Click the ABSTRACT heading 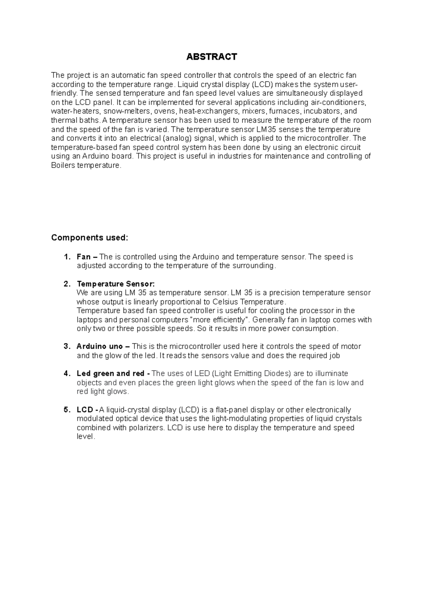coord(211,57)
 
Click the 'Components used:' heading coord(90,238)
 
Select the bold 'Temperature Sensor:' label coord(116,284)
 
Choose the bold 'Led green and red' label coord(110,373)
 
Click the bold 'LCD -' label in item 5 coord(87,410)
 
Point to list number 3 coord(67,347)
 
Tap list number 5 coord(67,410)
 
